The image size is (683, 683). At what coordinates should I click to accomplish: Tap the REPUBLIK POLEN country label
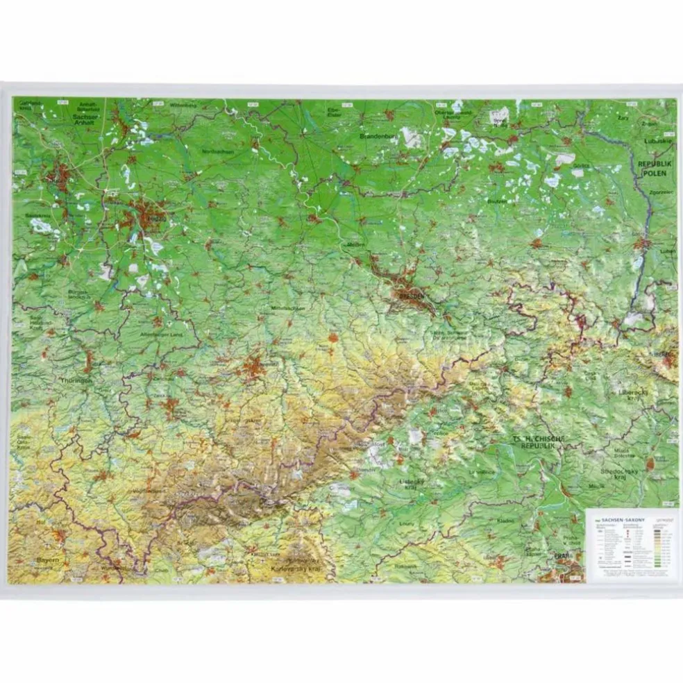coord(652,167)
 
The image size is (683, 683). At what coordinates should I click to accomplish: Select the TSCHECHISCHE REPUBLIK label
coord(539,442)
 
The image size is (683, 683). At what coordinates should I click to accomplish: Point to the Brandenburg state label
coord(378,137)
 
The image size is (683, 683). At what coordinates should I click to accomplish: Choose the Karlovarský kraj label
coord(295,568)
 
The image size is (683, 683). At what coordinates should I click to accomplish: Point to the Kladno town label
coord(505,520)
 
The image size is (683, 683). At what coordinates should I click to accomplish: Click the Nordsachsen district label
coord(218,151)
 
